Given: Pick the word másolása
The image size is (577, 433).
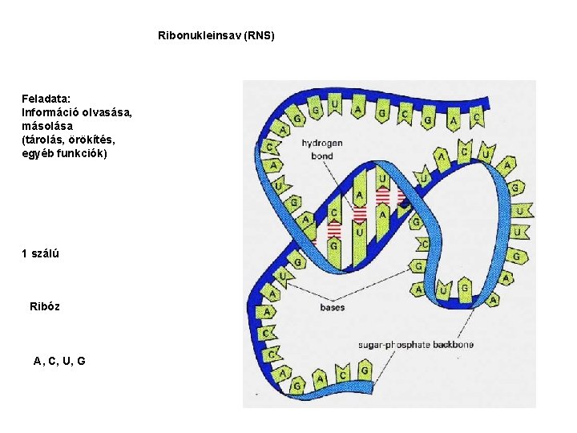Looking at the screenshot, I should pyautogui.click(x=47, y=126).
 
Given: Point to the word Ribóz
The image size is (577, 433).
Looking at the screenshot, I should pyautogui.click(x=45, y=306).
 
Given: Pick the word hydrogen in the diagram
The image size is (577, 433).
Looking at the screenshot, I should pyautogui.click(x=322, y=144).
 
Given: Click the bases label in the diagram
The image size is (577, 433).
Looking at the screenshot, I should pyautogui.click(x=332, y=307).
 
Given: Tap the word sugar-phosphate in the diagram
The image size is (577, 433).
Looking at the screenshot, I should pyautogui.click(x=396, y=345).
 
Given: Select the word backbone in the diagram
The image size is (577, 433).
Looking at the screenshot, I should pyautogui.click(x=454, y=345).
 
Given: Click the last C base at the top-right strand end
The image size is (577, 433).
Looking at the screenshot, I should pyautogui.click(x=477, y=118).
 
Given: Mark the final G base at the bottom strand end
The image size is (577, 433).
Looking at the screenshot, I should pyautogui.click(x=365, y=371).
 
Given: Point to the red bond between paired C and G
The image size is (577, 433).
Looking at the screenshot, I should pyautogui.click(x=334, y=229).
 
